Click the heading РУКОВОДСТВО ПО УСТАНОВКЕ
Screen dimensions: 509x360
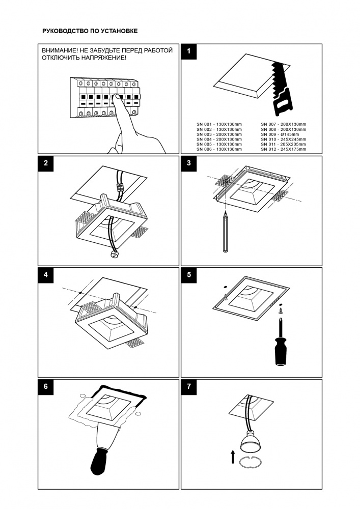[90, 31]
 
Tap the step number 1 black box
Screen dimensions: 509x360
[189, 51]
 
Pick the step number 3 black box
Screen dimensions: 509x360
[189, 163]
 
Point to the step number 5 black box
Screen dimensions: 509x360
[189, 275]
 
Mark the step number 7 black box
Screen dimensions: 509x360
[189, 386]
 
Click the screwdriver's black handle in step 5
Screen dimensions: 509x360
[280, 351]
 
